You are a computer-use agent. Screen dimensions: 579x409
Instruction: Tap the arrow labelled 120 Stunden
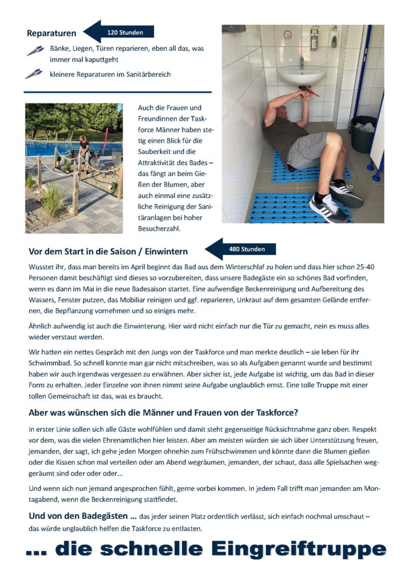(x=119, y=32)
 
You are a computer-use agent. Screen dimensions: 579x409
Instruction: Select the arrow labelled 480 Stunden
(x=241, y=249)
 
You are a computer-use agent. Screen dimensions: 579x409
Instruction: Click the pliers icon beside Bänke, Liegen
(x=35, y=51)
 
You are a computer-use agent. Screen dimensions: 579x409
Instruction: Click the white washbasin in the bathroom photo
(x=303, y=74)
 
